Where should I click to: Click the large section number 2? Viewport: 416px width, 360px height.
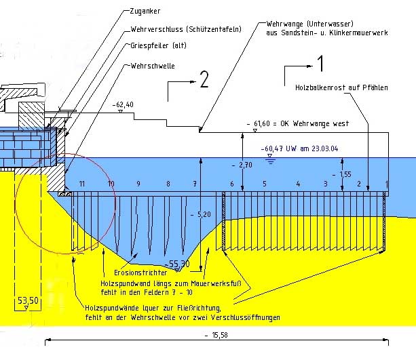[203, 80]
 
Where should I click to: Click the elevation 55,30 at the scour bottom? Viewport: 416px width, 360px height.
[178, 264]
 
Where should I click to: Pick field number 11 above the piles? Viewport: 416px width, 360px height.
[82, 184]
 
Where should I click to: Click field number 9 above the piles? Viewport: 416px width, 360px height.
[138, 184]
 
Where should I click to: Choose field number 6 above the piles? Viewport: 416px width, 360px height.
[231, 184]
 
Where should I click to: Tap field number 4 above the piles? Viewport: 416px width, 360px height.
[297, 184]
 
